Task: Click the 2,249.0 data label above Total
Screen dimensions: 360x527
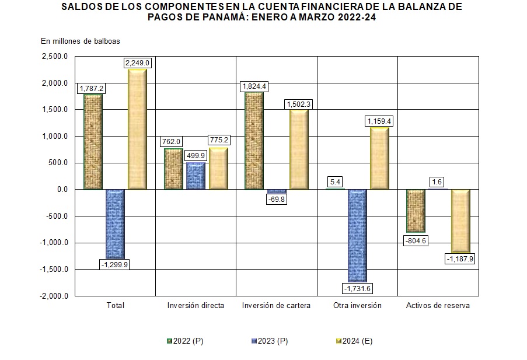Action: coord(138,63)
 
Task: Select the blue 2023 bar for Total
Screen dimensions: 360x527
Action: coord(116,223)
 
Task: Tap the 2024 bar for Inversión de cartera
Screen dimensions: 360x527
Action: coord(298,149)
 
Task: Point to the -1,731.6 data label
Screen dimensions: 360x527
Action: coord(357,288)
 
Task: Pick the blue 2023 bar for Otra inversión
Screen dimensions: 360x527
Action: coord(357,235)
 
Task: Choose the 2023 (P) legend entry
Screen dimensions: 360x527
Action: coord(270,341)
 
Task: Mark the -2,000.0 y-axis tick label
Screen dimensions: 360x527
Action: coord(54,296)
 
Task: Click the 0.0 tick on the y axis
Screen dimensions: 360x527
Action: coord(61,190)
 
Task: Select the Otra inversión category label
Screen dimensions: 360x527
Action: coord(357,306)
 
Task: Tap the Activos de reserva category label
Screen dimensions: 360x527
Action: coord(438,306)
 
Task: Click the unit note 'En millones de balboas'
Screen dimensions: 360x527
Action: coord(80,41)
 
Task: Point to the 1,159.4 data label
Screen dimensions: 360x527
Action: coord(380,121)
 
